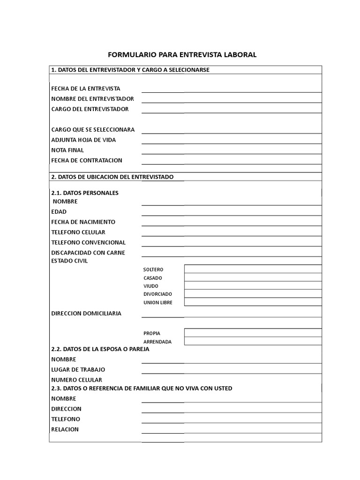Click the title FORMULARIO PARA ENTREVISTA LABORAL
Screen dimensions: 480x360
click(x=182, y=55)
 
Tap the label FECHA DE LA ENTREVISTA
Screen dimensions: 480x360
click(x=86, y=88)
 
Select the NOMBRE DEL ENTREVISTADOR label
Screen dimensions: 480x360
click(x=92, y=98)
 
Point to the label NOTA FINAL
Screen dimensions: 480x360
click(x=67, y=150)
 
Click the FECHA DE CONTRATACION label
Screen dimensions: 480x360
click(x=87, y=160)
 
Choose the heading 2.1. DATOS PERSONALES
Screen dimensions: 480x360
click(x=85, y=193)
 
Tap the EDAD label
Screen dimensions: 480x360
click(x=59, y=211)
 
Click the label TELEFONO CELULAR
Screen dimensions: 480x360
click(x=78, y=232)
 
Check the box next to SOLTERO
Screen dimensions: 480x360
click(x=253, y=269)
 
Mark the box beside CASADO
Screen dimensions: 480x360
click(x=253, y=277)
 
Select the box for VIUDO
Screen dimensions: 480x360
click(x=253, y=285)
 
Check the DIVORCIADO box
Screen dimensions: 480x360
click(x=253, y=293)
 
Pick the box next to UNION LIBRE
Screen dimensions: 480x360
click(x=253, y=302)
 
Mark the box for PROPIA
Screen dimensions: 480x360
click(x=253, y=333)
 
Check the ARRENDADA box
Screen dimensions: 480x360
click(x=253, y=341)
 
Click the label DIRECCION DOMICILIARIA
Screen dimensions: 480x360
click(x=86, y=313)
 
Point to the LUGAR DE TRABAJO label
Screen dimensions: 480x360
click(x=78, y=369)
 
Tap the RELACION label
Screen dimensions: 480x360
click(x=65, y=429)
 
